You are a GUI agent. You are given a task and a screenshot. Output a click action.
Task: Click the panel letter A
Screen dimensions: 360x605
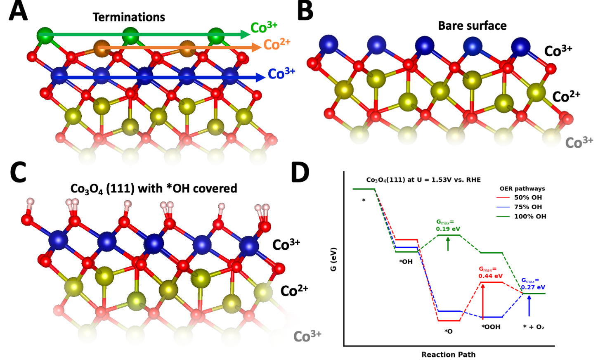click(18, 12)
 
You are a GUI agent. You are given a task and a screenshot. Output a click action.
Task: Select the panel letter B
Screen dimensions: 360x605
click(305, 12)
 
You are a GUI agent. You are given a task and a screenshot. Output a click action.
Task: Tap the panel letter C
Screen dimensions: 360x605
click(18, 173)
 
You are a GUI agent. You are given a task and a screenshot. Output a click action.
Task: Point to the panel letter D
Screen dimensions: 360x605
click(300, 173)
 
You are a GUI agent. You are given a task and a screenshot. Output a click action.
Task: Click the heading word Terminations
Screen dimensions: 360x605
click(129, 17)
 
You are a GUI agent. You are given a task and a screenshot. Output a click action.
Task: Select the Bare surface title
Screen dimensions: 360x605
click(472, 26)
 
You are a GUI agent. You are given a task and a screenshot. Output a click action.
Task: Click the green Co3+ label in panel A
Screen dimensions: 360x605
click(264, 27)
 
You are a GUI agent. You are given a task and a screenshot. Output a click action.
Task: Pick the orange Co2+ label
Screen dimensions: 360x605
click(277, 44)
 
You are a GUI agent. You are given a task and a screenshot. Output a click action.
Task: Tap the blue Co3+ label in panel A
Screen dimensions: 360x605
click(281, 73)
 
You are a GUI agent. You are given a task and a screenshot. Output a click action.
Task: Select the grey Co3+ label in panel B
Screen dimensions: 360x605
click(579, 142)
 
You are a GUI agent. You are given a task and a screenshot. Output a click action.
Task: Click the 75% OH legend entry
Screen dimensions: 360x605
click(528, 207)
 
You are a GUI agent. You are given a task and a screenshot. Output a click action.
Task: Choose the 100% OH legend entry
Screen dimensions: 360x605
click(530, 216)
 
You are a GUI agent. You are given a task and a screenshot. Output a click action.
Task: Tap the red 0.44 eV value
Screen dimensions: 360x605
click(490, 276)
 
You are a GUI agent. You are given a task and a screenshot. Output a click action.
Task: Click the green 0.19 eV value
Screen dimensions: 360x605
click(448, 229)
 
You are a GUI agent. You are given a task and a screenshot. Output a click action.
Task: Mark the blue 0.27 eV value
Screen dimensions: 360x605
click(533, 287)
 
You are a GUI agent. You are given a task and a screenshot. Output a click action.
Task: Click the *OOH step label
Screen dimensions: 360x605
click(491, 327)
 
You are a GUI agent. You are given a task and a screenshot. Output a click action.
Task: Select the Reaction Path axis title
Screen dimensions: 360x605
click(448, 354)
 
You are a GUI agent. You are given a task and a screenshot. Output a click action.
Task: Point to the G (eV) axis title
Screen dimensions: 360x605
click(333, 259)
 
